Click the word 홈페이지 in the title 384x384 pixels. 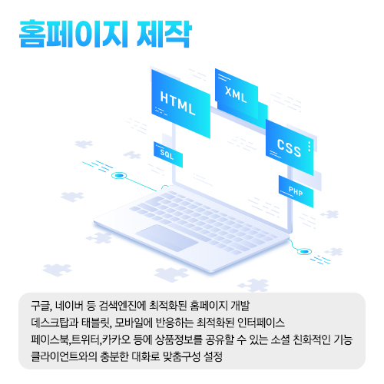73,34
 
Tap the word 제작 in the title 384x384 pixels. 164,34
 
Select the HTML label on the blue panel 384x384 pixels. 177,103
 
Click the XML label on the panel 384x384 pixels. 236,94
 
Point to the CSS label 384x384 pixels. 289,148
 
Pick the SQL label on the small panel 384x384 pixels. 167,154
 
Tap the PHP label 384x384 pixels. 296,191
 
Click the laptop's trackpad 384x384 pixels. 167,238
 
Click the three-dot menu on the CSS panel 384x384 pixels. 310,146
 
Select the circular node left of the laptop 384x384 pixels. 119,176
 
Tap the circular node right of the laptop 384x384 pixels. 304,252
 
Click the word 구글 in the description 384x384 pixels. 40,306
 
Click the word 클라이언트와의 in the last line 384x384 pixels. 64,356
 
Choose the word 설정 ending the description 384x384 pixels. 213,356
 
